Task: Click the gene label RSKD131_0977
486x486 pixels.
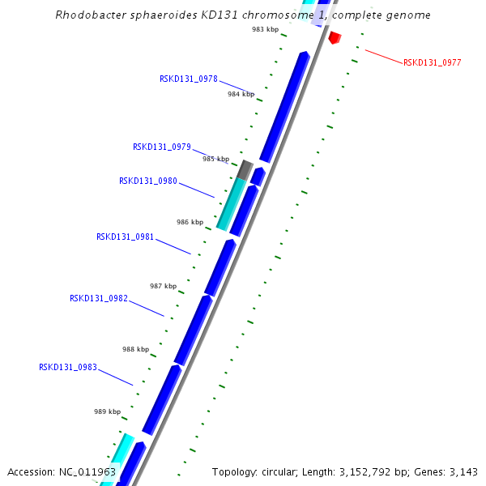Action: [433, 62]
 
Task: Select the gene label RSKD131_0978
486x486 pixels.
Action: [188, 79]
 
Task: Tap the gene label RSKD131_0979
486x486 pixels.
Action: [162, 147]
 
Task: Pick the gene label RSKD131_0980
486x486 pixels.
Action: [148, 181]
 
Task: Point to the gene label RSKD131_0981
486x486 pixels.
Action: [126, 237]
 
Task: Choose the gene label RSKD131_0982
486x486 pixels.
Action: [99, 298]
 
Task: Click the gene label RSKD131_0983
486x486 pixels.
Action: [68, 367]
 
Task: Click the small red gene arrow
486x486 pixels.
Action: [335, 37]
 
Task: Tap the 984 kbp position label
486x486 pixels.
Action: [241, 94]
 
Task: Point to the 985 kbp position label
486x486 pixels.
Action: [215, 159]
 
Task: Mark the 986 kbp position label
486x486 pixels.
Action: [190, 222]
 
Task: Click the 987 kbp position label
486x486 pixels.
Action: [163, 286]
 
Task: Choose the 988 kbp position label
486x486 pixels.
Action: [135, 349]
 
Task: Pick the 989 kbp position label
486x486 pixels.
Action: [107, 411]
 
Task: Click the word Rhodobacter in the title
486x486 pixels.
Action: [87, 15]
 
